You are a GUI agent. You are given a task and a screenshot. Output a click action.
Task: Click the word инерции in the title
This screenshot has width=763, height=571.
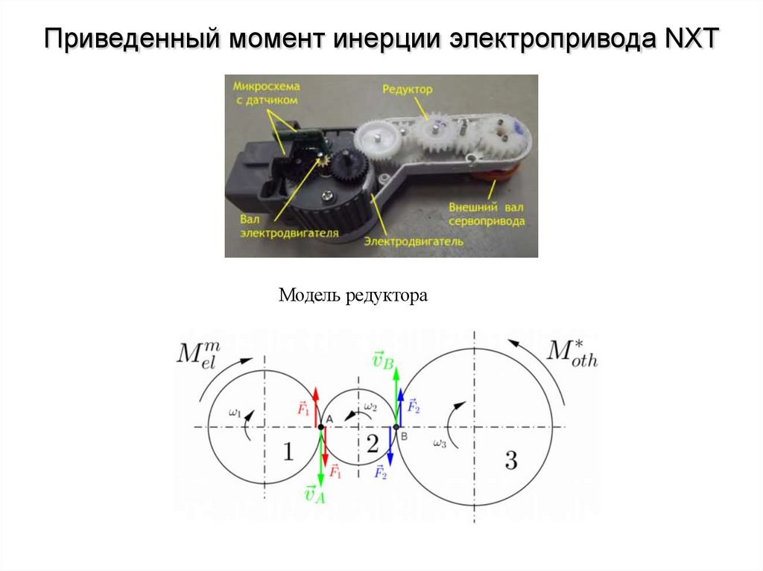click(x=385, y=38)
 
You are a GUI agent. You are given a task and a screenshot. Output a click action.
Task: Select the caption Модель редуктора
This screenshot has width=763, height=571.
click(x=353, y=296)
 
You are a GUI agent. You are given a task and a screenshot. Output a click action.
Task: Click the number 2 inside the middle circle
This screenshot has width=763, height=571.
click(x=373, y=444)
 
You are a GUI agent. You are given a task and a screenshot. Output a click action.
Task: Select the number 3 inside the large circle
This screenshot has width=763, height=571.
click(x=510, y=461)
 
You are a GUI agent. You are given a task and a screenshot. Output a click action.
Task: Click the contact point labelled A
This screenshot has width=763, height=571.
click(x=321, y=427)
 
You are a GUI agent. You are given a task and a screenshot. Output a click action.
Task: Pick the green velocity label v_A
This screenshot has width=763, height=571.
click(x=314, y=494)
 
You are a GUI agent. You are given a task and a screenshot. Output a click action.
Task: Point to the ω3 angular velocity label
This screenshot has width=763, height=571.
click(x=440, y=444)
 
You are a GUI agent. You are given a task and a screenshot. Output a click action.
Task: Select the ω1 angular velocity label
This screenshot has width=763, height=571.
click(x=235, y=412)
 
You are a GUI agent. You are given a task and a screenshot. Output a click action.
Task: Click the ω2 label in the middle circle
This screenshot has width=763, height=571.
click(x=370, y=408)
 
